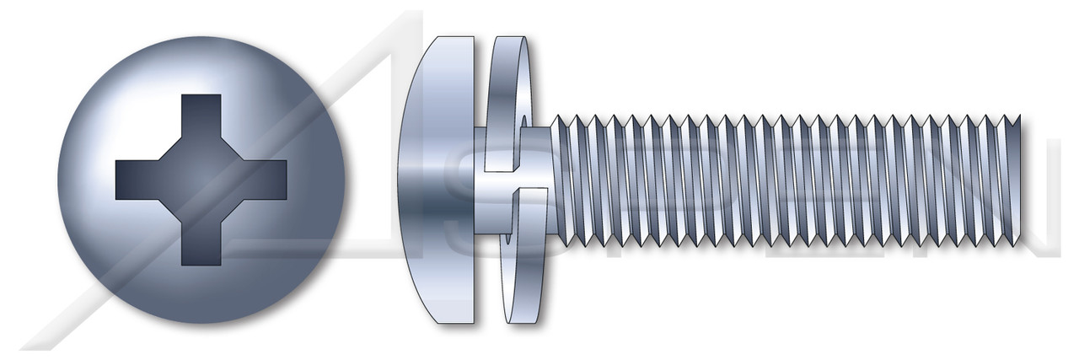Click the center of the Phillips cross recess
[201, 180]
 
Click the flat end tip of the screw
[1019, 180]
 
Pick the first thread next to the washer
[560, 180]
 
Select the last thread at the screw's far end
[1008, 180]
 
